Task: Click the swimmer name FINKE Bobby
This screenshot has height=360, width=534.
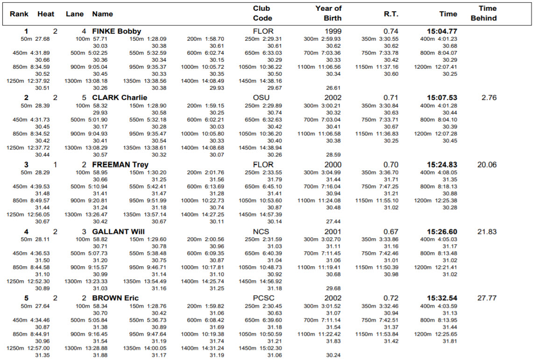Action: [116, 31]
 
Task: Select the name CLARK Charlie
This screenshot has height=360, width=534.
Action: [120, 98]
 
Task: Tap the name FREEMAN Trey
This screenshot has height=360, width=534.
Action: [120, 164]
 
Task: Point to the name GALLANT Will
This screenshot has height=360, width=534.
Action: [118, 232]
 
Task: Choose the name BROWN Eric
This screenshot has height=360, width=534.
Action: [115, 298]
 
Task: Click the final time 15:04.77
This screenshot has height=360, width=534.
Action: [442, 31]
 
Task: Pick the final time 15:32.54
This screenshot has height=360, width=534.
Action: [442, 298]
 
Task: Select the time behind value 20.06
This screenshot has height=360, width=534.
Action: [487, 164]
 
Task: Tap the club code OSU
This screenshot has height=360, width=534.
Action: [262, 98]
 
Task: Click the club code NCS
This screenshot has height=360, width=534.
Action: [262, 232]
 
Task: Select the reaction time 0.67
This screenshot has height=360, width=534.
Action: [391, 232]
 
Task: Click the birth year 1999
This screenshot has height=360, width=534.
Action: [333, 31]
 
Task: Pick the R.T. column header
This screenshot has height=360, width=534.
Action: [391, 14]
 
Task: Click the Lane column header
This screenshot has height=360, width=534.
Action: [75, 14]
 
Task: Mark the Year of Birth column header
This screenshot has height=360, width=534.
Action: [329, 14]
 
